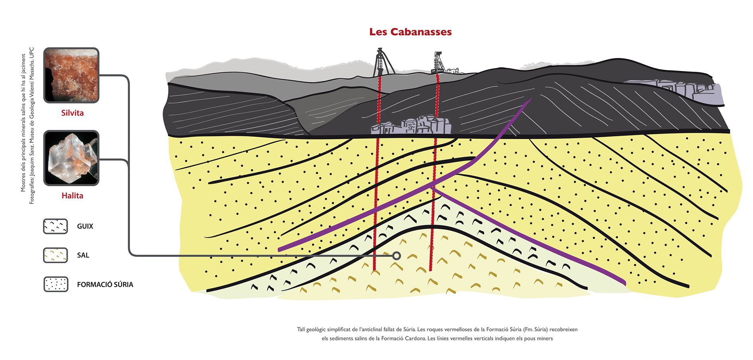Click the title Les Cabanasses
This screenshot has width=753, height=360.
coord(410,32)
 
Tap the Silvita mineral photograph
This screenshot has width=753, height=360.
coord(71,75)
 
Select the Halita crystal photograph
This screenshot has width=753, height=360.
coord(71,158)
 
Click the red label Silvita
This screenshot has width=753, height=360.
coord(73,113)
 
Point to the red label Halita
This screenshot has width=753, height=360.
coord(73,195)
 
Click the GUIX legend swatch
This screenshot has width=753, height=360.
coord(55,226)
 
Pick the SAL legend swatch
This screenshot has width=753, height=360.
coord(55,255)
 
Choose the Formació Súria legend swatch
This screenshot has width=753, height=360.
coord(56,284)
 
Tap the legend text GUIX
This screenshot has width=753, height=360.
coord(85,226)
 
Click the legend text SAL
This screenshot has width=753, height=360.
coord(83,255)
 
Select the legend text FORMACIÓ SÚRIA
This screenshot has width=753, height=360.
coord(105,285)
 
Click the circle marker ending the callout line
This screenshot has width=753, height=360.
coord(396,256)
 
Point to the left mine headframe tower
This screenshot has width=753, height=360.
coord(382,62)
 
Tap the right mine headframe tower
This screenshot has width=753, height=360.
coord(439,63)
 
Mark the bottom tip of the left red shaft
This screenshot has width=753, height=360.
coord(375,270)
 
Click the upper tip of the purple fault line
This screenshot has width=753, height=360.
coord(531,98)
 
